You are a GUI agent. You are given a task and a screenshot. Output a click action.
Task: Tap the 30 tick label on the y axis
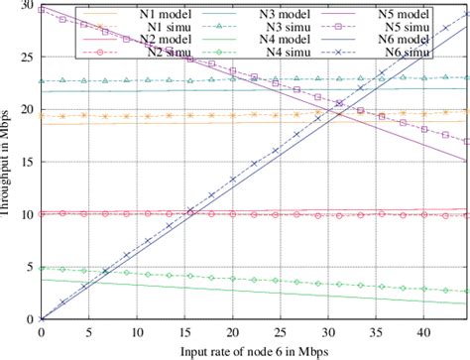tap(26, 7)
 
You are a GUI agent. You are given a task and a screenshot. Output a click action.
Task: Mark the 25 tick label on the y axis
tap(26, 59)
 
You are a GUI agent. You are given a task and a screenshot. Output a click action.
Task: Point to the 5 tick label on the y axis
tap(29, 267)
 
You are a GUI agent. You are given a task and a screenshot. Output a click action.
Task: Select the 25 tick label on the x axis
tap(281, 331)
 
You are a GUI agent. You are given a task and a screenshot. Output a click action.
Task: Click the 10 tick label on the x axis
tap(137, 331)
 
